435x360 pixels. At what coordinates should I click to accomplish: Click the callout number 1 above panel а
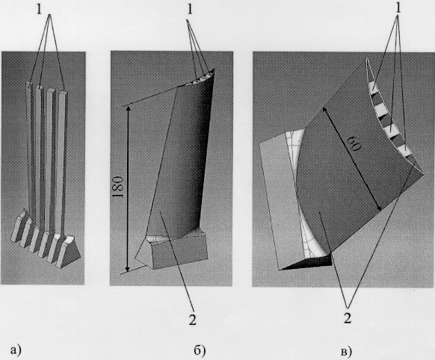click(39, 10)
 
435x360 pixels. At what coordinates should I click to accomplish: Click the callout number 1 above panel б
click(190, 10)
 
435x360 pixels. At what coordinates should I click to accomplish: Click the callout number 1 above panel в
click(398, 8)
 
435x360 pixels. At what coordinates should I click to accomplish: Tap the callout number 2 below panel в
click(348, 318)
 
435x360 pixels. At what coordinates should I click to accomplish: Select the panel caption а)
click(16, 350)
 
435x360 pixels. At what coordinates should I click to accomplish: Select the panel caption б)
click(200, 350)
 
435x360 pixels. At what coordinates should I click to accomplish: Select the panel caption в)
click(346, 351)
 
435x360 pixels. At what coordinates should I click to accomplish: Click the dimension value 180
click(118, 186)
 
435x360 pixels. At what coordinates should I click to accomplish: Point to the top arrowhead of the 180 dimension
click(128, 108)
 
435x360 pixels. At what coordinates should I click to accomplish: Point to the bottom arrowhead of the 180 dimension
click(127, 270)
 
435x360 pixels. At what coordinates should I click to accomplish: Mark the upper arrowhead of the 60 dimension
click(324, 109)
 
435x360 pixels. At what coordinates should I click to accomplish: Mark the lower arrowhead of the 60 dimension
click(380, 208)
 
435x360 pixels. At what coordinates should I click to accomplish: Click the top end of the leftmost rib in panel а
click(29, 84)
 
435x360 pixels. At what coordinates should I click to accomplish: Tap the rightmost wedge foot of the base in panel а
click(70, 252)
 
